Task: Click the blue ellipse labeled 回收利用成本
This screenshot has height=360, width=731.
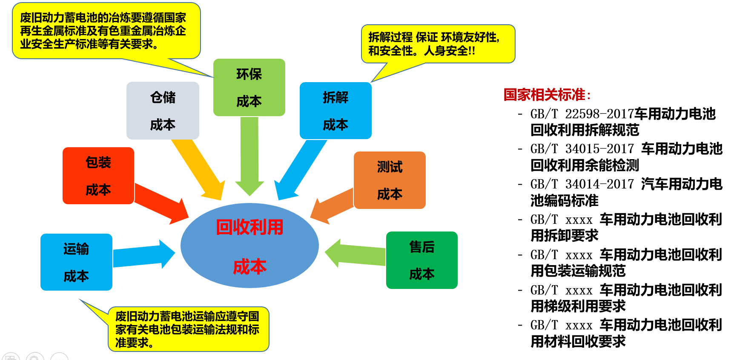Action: pos(249,246)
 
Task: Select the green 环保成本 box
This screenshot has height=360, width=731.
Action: pos(249,88)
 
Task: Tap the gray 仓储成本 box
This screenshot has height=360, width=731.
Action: pos(163,111)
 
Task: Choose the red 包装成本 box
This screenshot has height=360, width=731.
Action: pos(98,176)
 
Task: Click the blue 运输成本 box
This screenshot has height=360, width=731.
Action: pos(76,262)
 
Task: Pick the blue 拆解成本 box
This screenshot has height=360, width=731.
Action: pos(335,111)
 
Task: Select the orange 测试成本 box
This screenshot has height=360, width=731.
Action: pos(390,180)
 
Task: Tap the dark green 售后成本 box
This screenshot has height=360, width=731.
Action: pos(421,260)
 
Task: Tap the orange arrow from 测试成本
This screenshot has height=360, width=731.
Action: pos(332,205)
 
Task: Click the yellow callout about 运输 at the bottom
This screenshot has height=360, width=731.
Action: pos(188,329)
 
